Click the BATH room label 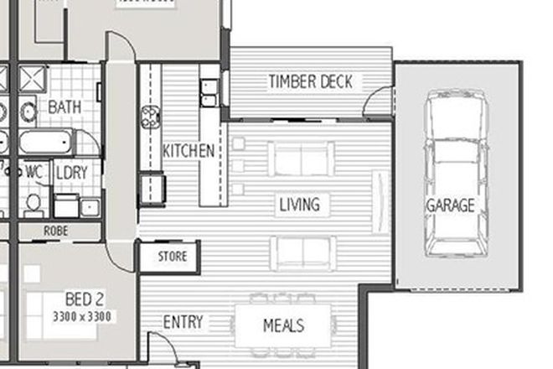pos(65,107)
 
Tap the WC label pos(34,170)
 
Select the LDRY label pos(72,172)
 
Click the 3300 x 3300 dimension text pos(81,316)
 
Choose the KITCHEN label pos(188,151)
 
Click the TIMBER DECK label pos(310,81)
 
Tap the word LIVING pos(299,204)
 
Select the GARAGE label pos(450,205)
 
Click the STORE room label pos(172,256)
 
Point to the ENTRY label pos(183,323)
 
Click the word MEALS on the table pos(283,325)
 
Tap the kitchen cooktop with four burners pos(151,117)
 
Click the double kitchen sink pos(209,93)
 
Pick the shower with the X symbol pos(34,81)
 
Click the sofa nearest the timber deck pos(300,159)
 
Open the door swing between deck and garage pos(380,100)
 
